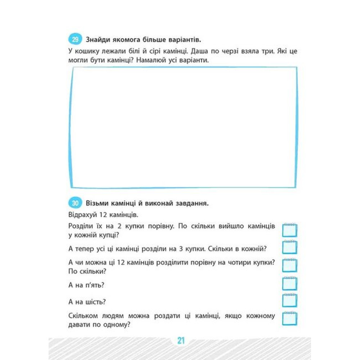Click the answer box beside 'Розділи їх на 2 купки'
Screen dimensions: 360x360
tap(290, 230)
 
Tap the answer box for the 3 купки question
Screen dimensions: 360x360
tap(290, 247)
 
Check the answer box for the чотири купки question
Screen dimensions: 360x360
tap(290, 265)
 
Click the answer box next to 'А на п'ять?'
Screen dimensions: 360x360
tap(290, 284)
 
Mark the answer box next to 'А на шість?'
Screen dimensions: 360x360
tap(290, 300)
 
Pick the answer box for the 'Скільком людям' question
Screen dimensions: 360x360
tap(290, 319)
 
